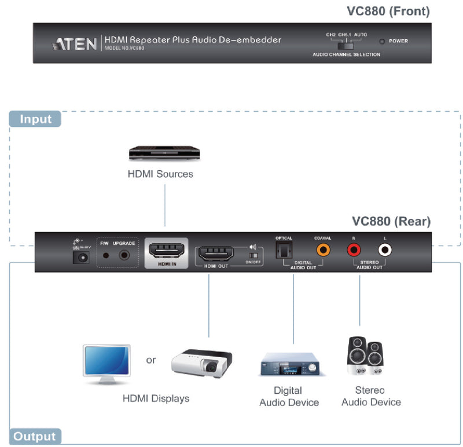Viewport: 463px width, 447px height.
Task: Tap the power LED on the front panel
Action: [382, 41]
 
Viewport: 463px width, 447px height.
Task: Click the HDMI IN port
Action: [166, 252]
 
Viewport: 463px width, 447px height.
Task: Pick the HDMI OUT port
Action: [216, 253]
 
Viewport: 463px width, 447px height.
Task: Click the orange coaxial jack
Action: [322, 250]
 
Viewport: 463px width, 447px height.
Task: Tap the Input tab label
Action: [36, 119]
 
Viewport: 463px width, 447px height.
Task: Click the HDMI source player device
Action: [164, 153]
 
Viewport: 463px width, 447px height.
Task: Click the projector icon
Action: [201, 362]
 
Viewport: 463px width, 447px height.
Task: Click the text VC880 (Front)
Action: [388, 11]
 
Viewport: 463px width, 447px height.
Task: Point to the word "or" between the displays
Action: [151, 360]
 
